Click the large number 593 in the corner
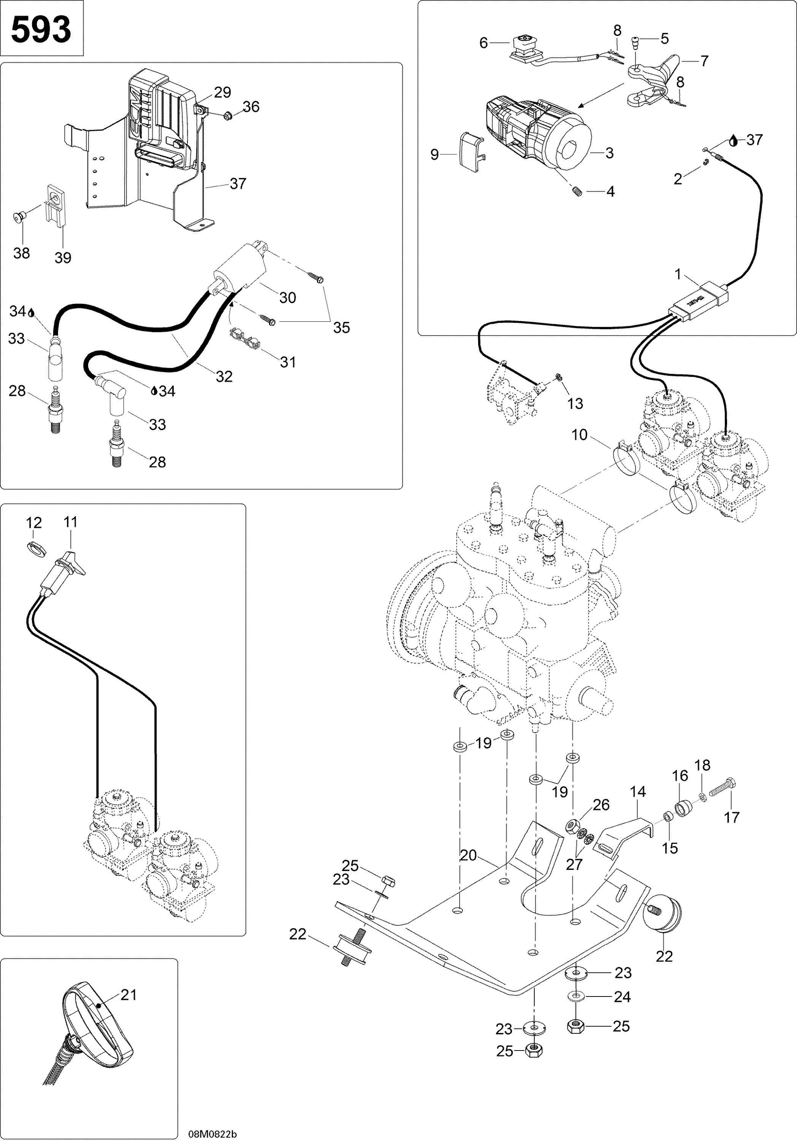[x=41, y=30]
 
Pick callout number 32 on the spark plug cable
[x=224, y=377]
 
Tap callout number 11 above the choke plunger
[x=71, y=522]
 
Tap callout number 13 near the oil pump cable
[x=575, y=404]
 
